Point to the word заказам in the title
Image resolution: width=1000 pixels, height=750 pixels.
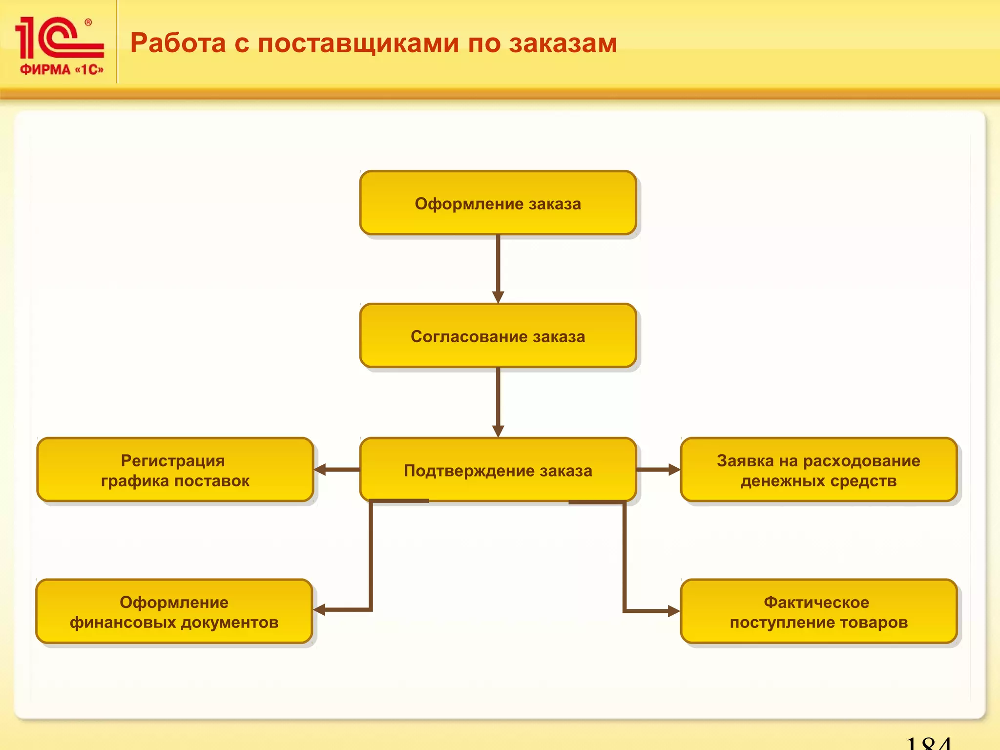(x=563, y=44)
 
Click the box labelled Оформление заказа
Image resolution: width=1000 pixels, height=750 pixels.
(x=498, y=203)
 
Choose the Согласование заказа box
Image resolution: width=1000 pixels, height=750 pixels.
(x=498, y=336)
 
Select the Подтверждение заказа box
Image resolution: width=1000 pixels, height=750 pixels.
(x=498, y=470)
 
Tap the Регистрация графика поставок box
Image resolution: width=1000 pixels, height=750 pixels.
(x=175, y=470)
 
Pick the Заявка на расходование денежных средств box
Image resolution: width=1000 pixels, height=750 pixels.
(x=818, y=470)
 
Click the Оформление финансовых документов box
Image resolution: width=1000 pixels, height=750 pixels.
(x=174, y=611)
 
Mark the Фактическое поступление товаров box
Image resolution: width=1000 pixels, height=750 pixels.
(x=818, y=611)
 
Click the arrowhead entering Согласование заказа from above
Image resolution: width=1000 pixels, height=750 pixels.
(x=498, y=297)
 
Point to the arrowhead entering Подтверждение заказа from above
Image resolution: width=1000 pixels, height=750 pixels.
(x=498, y=431)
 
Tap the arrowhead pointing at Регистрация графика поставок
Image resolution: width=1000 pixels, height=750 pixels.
(x=320, y=470)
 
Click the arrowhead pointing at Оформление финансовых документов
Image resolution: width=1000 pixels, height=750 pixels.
(x=320, y=610)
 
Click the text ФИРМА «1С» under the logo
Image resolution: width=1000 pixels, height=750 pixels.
(x=62, y=70)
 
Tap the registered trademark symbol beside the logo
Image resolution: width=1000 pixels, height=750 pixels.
(x=88, y=22)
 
